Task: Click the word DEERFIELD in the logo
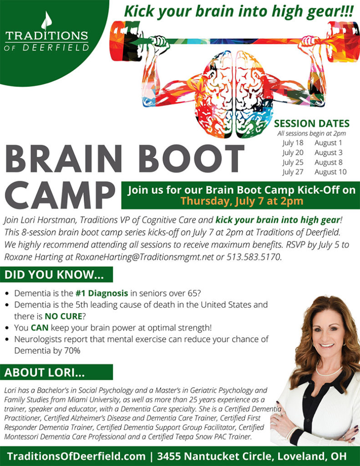pyautogui.click(x=54, y=47)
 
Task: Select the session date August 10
pyautogui.click(x=330, y=172)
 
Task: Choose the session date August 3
pyautogui.click(x=328, y=152)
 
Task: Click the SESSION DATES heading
pyautogui.click(x=312, y=123)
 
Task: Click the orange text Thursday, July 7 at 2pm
pyautogui.click(x=241, y=200)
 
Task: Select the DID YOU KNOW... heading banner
pyautogui.click(x=54, y=275)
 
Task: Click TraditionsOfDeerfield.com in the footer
pyautogui.click(x=76, y=456)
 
